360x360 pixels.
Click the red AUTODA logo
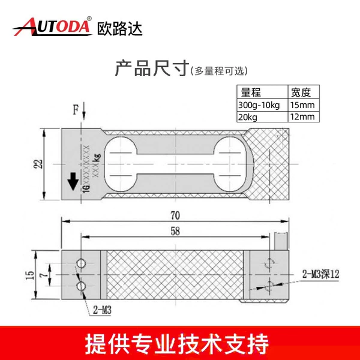tap(52, 26)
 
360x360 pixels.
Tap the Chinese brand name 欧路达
tap(119, 29)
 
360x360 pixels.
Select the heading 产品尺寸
tap(152, 68)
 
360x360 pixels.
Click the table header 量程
tap(251, 92)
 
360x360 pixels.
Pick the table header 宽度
tap(301, 92)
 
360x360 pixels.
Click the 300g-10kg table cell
tap(259, 105)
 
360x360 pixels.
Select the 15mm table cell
tap(302, 105)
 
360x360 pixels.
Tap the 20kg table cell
tap(247, 118)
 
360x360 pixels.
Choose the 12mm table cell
tap(302, 116)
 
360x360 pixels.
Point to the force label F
tap(76, 110)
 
